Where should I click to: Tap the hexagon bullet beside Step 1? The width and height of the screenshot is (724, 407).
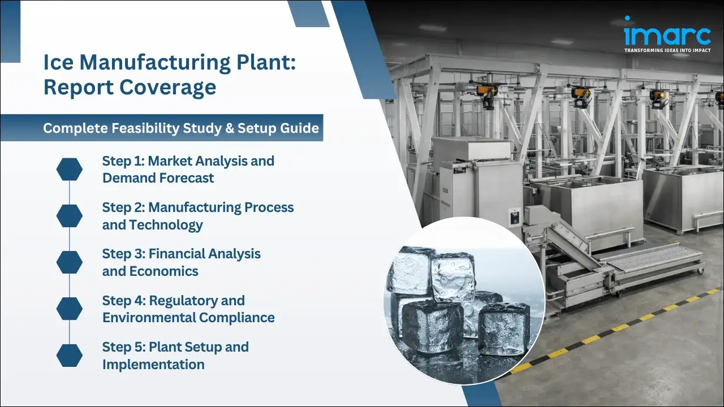pyautogui.click(x=70, y=170)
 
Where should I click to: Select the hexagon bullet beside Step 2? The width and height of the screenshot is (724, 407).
pyautogui.click(x=70, y=216)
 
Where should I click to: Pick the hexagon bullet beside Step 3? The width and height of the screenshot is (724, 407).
pyautogui.click(x=70, y=262)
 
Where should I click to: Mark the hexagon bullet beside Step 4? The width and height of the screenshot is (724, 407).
pyautogui.click(x=70, y=309)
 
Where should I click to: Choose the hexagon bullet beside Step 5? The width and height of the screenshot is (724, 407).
pyautogui.click(x=70, y=355)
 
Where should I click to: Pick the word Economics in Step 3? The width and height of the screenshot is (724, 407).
pyautogui.click(x=164, y=271)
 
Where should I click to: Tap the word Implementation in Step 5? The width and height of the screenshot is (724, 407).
pyautogui.click(x=153, y=364)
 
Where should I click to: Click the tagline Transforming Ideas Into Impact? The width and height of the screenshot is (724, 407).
pyautogui.click(x=667, y=50)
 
